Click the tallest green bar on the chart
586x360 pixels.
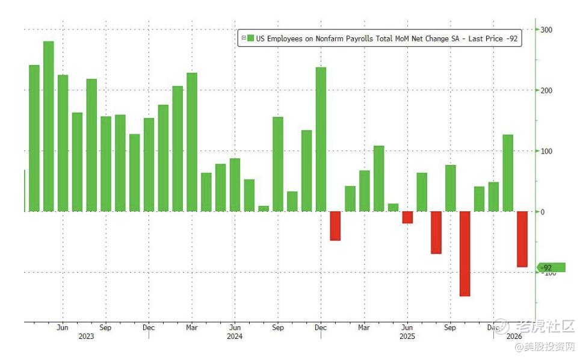click(x=49, y=126)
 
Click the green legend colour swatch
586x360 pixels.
click(x=251, y=39)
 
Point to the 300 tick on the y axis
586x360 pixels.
click(x=546, y=29)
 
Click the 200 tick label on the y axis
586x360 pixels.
click(x=546, y=90)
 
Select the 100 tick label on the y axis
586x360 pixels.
click(x=546, y=151)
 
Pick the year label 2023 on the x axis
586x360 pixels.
click(x=86, y=337)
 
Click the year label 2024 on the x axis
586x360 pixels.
click(x=235, y=337)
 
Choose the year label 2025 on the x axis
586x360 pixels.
click(x=407, y=337)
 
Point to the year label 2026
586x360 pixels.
click(x=513, y=337)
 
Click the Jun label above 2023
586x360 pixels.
click(x=63, y=328)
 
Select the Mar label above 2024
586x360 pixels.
click(x=191, y=328)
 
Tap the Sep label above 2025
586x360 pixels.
click(x=449, y=328)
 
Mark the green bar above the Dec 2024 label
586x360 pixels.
click(x=321, y=139)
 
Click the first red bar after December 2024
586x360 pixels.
click(x=335, y=226)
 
